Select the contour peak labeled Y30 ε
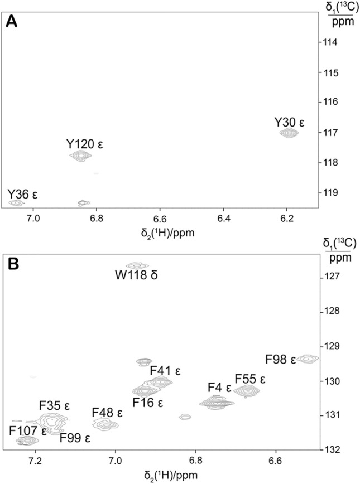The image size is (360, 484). tap(288, 133)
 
